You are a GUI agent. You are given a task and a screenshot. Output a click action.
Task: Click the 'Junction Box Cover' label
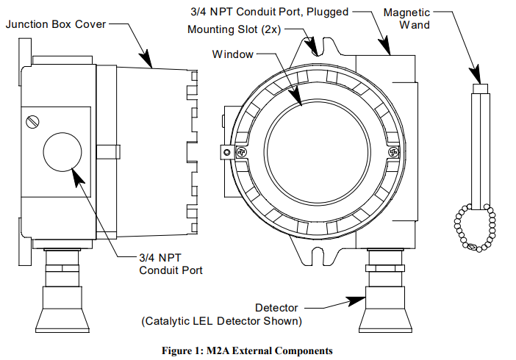pyautogui.click(x=56, y=24)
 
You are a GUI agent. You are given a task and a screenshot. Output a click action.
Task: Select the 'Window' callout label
pyautogui.click(x=232, y=54)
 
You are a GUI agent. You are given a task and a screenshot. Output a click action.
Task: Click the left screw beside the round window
pyautogui.click(x=227, y=152)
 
